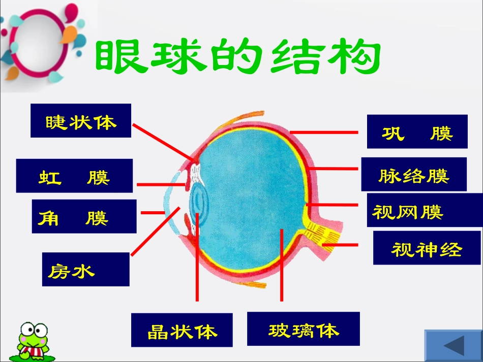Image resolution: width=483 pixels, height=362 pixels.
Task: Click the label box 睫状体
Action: [x=81, y=121]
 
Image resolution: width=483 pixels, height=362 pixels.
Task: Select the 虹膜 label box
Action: [x=74, y=176]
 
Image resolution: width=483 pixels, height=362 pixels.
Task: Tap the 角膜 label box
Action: [x=84, y=217]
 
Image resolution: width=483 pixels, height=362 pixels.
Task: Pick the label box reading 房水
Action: [x=85, y=270]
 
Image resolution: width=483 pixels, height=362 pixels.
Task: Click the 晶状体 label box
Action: [x=182, y=330]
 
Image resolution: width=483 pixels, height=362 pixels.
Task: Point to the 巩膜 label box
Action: [x=417, y=132]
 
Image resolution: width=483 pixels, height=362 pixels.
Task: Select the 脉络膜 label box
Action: [x=413, y=174]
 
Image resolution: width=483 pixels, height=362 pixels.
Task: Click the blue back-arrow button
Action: [x=453, y=345]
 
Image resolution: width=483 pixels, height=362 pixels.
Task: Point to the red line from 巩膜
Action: [x=323, y=131]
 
